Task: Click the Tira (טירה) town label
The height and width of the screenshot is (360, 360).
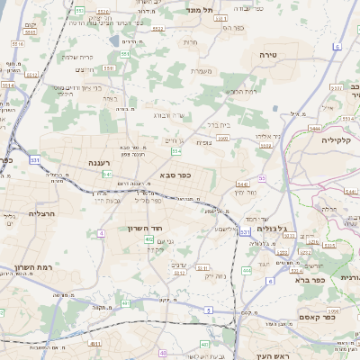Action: [266, 56]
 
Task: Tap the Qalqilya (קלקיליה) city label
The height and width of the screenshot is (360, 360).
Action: [328, 140]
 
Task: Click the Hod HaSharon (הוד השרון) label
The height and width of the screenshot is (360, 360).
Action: [143, 229]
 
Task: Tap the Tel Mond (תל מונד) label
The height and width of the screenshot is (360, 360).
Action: [197, 10]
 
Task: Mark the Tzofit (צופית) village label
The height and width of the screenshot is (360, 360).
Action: [202, 143]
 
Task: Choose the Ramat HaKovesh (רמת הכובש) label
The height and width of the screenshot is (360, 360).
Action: [242, 91]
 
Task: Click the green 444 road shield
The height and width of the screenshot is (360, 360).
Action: [247, 270]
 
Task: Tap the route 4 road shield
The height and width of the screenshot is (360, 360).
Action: [102, 233]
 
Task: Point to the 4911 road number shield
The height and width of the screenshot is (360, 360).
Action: [95, 343]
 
